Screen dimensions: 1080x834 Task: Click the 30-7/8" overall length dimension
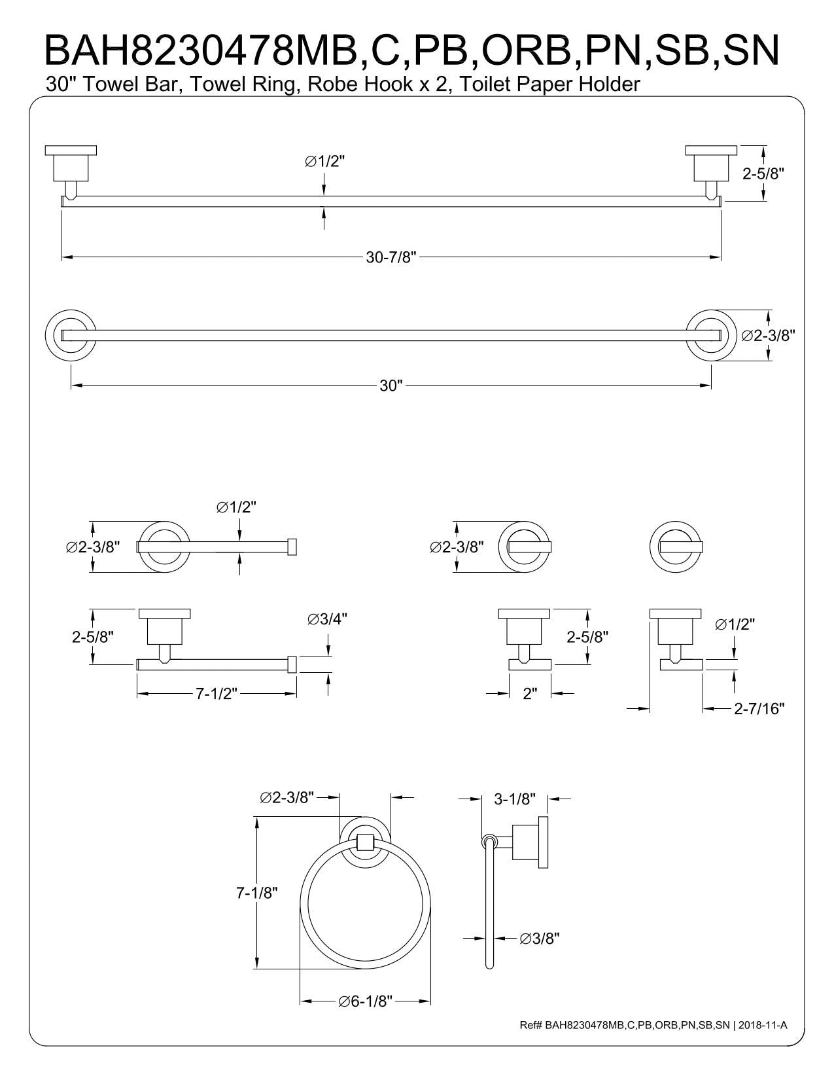click(391, 258)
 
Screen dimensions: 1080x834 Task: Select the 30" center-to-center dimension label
click(391, 386)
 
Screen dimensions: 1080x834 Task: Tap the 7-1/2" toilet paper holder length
click(216, 694)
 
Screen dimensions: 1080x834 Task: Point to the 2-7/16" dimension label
click(759, 708)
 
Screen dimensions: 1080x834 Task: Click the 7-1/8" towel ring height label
click(257, 892)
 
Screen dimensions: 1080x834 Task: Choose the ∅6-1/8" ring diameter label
click(364, 1001)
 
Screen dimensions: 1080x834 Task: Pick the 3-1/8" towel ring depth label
click(515, 799)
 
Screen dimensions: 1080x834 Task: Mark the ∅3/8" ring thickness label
click(540, 939)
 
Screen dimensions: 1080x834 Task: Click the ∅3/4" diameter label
click(327, 619)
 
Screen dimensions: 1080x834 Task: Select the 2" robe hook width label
click(530, 694)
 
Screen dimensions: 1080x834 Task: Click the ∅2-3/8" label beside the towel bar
click(768, 335)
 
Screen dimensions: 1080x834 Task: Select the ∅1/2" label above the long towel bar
click(324, 161)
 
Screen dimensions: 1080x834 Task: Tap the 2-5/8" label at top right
click(763, 173)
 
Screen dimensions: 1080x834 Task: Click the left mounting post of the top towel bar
click(70, 171)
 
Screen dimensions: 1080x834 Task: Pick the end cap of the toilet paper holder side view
click(292, 664)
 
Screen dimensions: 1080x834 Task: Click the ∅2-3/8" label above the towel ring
click(287, 797)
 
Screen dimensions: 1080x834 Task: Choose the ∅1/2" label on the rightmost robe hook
click(735, 624)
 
